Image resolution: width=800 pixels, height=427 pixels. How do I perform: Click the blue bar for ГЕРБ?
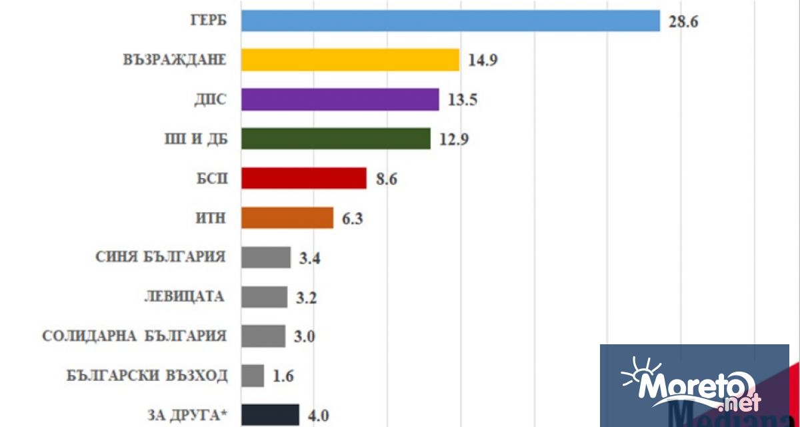tap(450, 20)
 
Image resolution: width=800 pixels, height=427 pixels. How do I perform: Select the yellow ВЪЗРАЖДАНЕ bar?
tap(350, 59)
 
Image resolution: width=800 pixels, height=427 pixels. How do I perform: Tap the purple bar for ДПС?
tap(340, 99)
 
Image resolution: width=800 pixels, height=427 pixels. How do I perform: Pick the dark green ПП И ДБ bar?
tap(335, 139)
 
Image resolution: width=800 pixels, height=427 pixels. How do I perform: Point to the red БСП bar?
tap(304, 178)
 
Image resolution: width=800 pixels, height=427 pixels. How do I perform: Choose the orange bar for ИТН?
tap(287, 218)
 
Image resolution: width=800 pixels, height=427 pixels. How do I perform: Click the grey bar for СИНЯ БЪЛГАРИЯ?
tap(266, 257)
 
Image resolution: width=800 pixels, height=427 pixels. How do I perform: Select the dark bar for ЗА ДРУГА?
tap(270, 414)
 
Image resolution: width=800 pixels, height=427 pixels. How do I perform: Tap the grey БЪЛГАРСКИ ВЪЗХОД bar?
tap(253, 375)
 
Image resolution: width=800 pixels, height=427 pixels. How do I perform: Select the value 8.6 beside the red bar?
tap(387, 179)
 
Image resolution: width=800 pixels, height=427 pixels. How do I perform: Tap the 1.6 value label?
tap(283, 376)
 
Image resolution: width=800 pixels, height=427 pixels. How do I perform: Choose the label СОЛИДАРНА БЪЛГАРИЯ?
tap(134, 336)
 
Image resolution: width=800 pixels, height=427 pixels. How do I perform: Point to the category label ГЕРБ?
tap(208, 21)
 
